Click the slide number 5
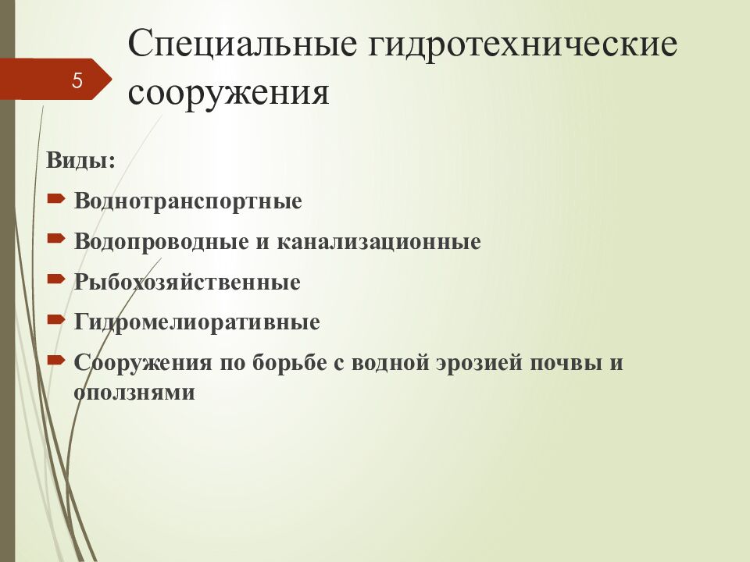click(77, 80)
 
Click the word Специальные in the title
click(242, 44)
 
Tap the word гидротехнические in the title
click(523, 44)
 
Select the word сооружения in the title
click(229, 92)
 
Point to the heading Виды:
click(80, 160)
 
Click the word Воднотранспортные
click(188, 201)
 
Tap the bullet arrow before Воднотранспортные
click(56, 198)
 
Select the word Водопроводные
click(162, 241)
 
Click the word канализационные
click(379, 241)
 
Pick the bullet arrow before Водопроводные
click(56, 239)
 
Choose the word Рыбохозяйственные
click(187, 282)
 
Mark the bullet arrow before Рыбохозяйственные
click(56, 279)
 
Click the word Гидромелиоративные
click(197, 322)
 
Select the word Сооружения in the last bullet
click(143, 362)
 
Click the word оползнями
click(134, 393)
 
